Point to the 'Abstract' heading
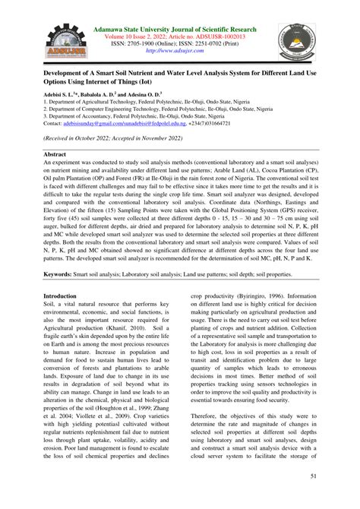click(55, 153)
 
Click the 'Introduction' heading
click(63, 274)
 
